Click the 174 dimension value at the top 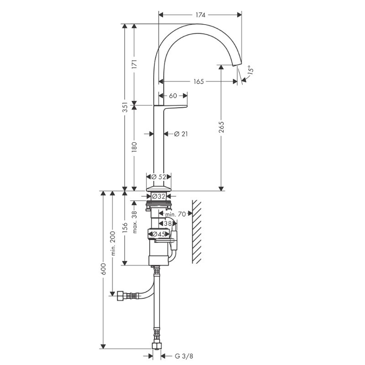200,15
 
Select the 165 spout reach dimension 198,82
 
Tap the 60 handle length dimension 173,96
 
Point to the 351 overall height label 125,107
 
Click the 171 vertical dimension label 134,64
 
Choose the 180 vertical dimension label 134,147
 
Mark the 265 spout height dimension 221,127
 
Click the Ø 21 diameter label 181,134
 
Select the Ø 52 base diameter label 159,177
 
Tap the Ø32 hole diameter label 159,197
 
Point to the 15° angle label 250,70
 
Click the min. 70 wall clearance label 176,214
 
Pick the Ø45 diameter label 159,234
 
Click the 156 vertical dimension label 125,228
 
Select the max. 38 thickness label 134,222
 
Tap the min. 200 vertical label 113,243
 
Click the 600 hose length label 104,269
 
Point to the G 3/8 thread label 184,356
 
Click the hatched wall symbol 197,232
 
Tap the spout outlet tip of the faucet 237,64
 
